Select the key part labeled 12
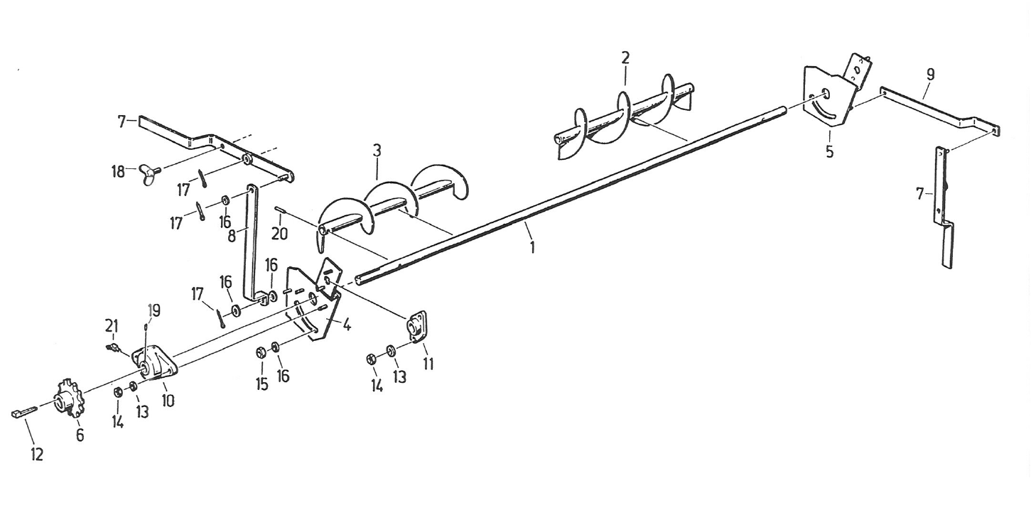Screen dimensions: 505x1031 tap(23, 413)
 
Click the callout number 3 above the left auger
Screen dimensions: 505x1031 tap(377, 151)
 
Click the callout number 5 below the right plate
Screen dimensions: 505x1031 tap(829, 151)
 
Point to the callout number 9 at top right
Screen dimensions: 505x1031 tap(930, 74)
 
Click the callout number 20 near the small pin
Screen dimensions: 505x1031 tap(280, 232)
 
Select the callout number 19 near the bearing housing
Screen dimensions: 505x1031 tap(154, 310)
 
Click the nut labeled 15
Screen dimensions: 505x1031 tap(260, 352)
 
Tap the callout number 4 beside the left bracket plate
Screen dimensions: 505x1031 tap(347, 326)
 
